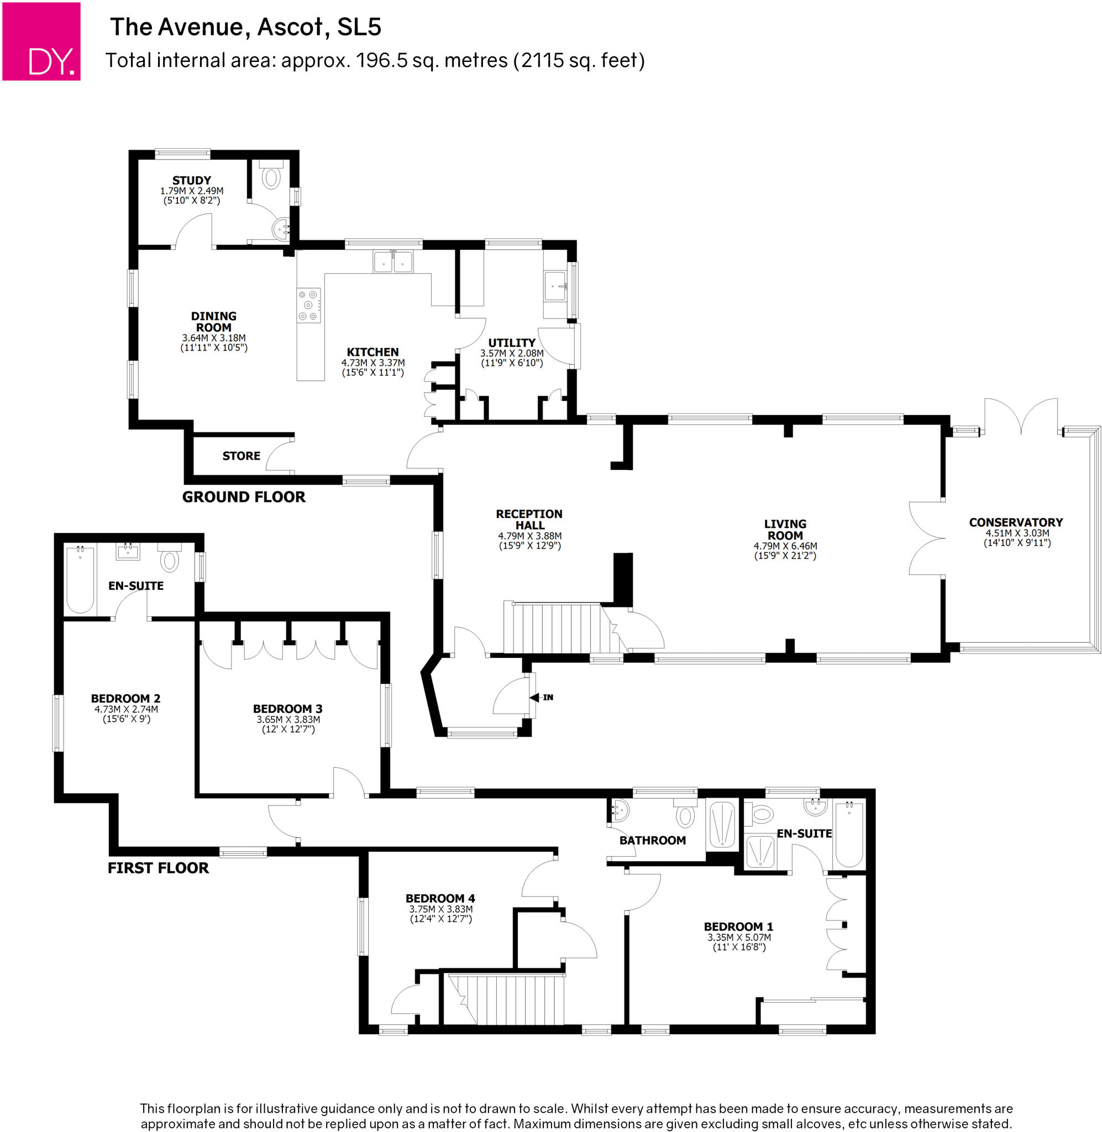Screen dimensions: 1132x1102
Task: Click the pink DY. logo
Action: click(41, 41)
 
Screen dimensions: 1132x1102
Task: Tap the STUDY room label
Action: click(192, 181)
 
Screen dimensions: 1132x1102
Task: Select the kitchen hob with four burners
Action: click(308, 306)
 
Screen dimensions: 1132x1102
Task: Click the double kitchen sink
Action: click(393, 261)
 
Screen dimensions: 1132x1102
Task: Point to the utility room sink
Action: click(555, 286)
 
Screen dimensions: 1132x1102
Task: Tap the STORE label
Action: click(242, 456)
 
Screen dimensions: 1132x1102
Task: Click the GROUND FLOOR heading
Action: click(244, 497)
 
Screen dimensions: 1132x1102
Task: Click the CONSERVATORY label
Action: click(1016, 522)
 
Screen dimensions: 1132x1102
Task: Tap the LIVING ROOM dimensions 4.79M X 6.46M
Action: click(785, 546)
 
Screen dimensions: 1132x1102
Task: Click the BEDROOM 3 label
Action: click(287, 709)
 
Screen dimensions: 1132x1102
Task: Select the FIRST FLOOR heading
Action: click(158, 868)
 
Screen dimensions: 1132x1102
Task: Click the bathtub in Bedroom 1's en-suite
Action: click(849, 834)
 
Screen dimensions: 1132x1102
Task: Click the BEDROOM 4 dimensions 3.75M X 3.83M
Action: click(441, 909)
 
